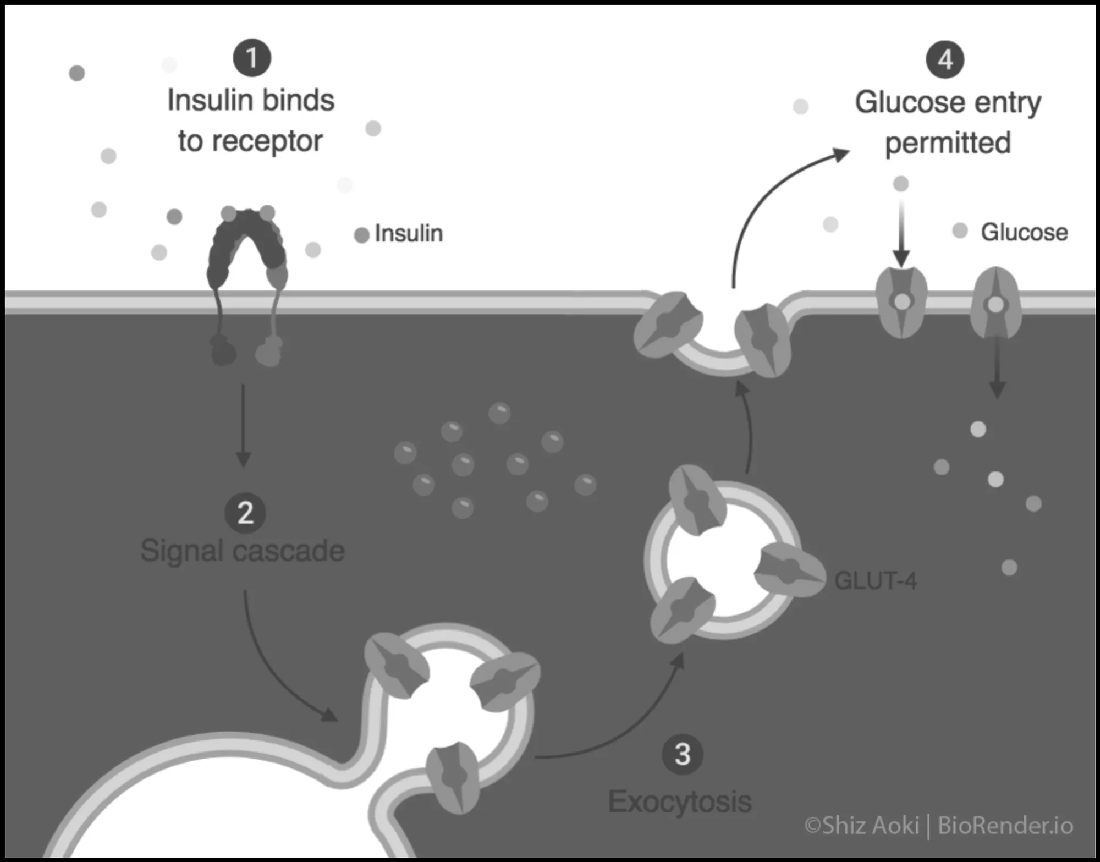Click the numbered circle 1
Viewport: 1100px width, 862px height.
point(252,58)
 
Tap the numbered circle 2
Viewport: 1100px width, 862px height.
point(245,513)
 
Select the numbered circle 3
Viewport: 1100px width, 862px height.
point(683,754)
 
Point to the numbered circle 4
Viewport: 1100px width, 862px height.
point(945,59)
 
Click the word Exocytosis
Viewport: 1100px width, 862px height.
point(680,801)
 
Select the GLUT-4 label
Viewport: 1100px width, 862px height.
point(876,581)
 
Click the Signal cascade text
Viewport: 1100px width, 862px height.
point(243,551)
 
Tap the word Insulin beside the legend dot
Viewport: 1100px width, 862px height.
point(409,233)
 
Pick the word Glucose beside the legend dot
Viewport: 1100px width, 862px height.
point(1024,232)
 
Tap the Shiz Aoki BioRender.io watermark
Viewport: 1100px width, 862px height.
point(938,826)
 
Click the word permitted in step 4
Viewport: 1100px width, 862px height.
point(948,143)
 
